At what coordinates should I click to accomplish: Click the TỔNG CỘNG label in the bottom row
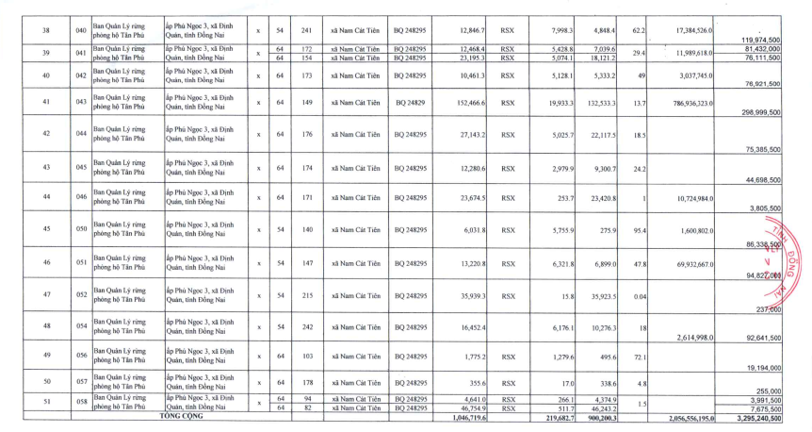pyautogui.click(x=181, y=415)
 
